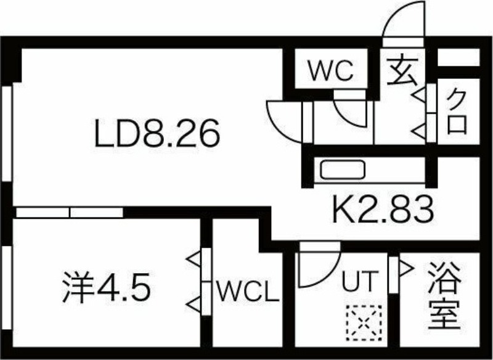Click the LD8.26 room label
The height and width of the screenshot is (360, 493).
pos(157,133)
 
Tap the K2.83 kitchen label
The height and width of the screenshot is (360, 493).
pos(383,209)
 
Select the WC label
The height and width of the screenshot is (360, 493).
pos(331,70)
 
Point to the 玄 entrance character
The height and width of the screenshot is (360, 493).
pos(402,71)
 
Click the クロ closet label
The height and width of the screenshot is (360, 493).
pos(457,112)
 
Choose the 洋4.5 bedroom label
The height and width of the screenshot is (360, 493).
pos(106,287)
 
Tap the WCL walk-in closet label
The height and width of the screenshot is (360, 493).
pos(248,291)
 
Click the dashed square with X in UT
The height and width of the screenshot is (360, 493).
pos(364,323)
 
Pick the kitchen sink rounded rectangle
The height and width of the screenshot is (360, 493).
pos(343,170)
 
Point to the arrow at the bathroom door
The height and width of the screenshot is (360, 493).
pos(406,269)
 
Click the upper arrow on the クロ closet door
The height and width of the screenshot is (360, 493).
pos(419,95)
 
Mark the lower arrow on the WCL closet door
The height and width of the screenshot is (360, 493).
pos(194,305)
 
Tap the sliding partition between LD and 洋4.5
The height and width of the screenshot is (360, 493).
pos(70,213)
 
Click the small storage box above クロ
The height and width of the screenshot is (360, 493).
pos(458,57)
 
